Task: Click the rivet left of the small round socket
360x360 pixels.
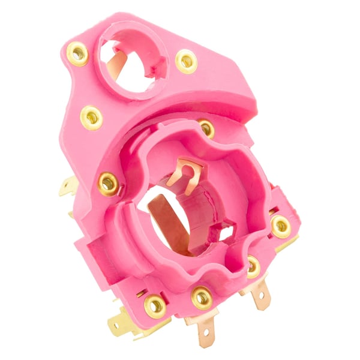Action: pos(77,54)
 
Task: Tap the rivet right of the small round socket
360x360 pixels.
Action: pos(186,61)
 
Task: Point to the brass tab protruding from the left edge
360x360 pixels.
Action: pos(68,188)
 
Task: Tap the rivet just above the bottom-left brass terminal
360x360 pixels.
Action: pos(155,306)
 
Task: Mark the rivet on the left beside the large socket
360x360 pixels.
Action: pos(109,183)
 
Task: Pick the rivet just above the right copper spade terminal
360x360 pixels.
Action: pos(253,266)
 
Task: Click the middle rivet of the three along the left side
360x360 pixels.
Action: pos(91,117)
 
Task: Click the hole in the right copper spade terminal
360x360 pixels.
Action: pos(262,298)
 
